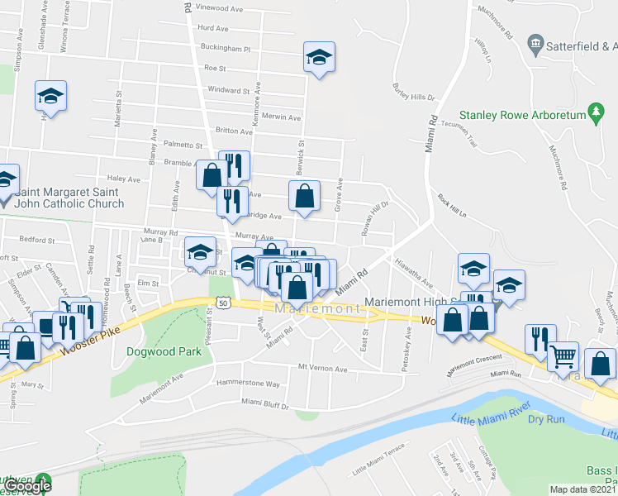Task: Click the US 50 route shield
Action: tap(221, 304)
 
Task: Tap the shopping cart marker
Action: tap(563, 356)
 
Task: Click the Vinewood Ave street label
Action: tap(219, 8)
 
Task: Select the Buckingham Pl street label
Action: tap(223, 49)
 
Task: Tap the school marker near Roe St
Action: tap(319, 57)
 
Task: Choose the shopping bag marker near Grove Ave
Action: tap(305, 196)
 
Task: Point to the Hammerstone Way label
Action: tap(248, 384)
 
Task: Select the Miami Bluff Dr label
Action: tap(264, 403)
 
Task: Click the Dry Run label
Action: tap(545, 419)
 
